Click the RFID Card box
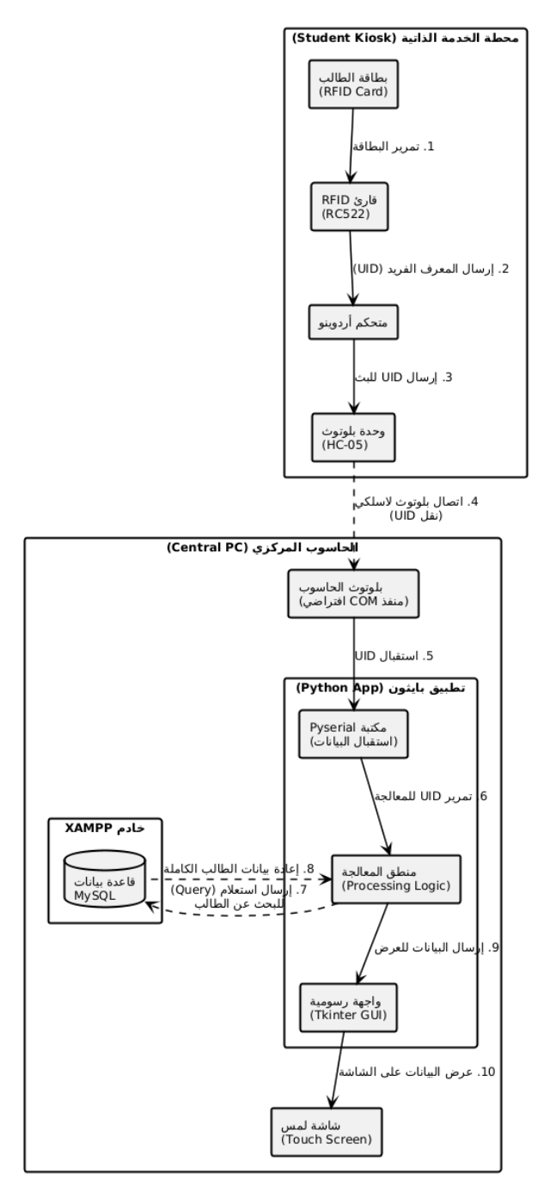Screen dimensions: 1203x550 (x=349, y=84)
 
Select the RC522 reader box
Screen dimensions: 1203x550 (x=351, y=206)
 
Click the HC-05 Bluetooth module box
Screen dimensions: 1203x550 (x=353, y=438)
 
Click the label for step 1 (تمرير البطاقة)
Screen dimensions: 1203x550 (x=394, y=146)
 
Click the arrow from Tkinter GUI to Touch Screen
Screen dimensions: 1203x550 (x=337, y=1072)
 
